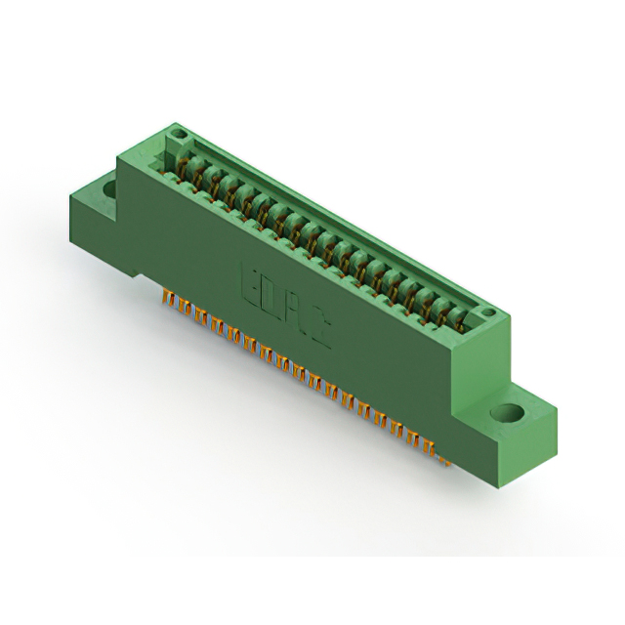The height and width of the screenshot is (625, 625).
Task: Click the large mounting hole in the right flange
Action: pos(510,412)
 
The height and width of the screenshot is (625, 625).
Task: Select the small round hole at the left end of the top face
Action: pos(177,133)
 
